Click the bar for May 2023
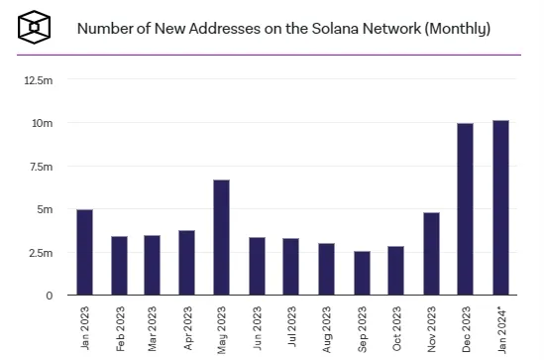coord(222,238)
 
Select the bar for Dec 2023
coord(465,209)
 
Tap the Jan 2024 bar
coord(499,208)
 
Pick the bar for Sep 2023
coord(362,274)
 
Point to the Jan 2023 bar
coord(84,253)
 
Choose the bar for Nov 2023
coord(431,255)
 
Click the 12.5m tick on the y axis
coord(40,79)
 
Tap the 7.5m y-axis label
coord(42,167)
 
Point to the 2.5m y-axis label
coord(42,253)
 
